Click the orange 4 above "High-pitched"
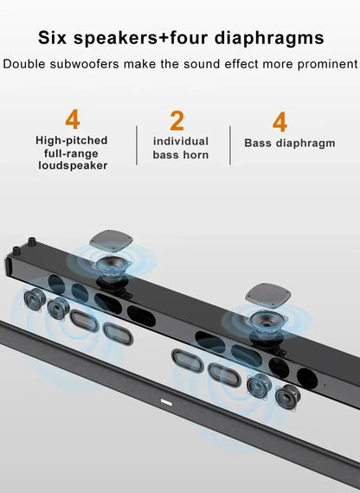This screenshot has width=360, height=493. pyautogui.click(x=71, y=119)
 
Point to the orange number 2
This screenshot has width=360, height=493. pyautogui.click(x=177, y=120)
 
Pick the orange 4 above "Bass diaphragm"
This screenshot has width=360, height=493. pyautogui.click(x=280, y=120)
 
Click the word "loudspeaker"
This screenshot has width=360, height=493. pyautogui.click(x=72, y=165)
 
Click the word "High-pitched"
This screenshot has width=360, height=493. pyautogui.click(x=72, y=139)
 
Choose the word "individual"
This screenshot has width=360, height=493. pyautogui.click(x=181, y=141)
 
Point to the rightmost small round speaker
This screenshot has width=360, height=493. pyautogui.click(x=286, y=397)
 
